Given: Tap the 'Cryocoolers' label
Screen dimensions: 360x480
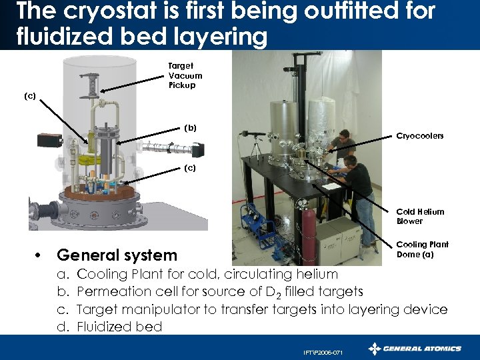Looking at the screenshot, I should click(420, 136).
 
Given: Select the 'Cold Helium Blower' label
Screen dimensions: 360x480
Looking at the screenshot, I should click(420, 217).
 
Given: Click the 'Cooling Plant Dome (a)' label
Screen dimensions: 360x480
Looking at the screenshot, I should click(422, 249).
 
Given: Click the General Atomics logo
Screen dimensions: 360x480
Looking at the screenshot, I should click(415, 349).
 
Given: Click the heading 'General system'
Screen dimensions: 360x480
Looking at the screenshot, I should click(117, 255).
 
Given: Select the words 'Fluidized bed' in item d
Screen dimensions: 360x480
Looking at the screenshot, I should click(119, 327).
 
